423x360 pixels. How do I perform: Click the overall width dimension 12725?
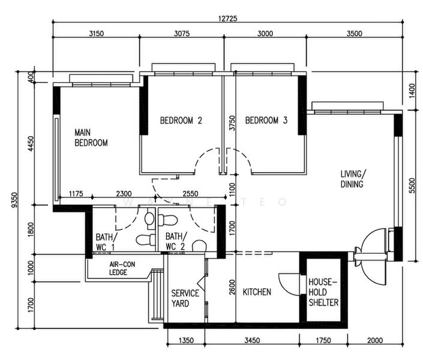[227, 19]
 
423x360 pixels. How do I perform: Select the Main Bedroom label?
[91, 137]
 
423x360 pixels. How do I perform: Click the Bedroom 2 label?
[181, 121]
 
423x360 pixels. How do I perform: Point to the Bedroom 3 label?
[266, 120]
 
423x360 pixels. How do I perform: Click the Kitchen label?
[257, 292]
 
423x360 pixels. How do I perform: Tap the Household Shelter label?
[323, 292]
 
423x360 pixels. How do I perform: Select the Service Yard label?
[185, 298]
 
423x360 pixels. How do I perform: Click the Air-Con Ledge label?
[122, 268]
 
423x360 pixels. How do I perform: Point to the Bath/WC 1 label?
[106, 242]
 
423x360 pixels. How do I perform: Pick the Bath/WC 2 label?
[176, 241]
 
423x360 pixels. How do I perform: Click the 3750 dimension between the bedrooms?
[232, 123]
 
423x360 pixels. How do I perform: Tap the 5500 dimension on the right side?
[412, 185]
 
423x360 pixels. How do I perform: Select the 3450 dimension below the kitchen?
[252, 340]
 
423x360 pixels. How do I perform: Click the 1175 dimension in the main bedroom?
[76, 193]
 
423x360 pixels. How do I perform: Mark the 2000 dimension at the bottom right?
[375, 340]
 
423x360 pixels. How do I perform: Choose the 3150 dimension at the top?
[97, 34]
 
